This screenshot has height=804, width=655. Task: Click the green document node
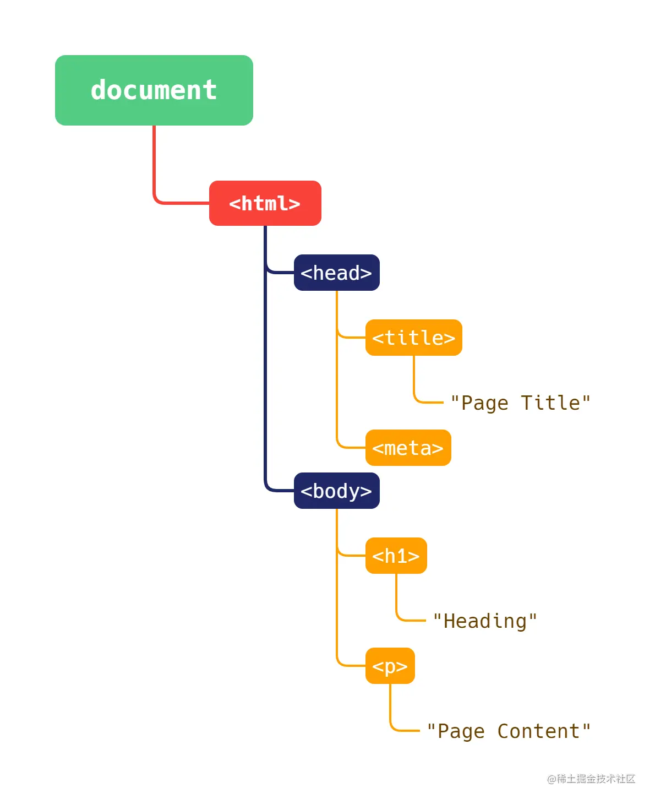[x=154, y=90]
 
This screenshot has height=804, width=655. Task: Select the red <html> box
[x=265, y=203]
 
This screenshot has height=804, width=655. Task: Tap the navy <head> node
[x=336, y=273]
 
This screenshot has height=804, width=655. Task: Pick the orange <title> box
[x=413, y=338]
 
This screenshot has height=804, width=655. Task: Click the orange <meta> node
[x=408, y=448]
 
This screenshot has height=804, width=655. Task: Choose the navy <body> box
[x=336, y=491]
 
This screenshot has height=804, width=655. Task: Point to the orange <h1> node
[x=396, y=556]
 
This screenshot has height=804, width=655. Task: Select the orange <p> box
[x=390, y=666]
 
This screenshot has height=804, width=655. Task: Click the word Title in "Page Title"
[x=550, y=403]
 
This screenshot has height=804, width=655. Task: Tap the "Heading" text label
[x=485, y=621]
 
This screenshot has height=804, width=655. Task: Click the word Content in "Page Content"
[x=538, y=731]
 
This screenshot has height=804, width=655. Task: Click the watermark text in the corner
[x=591, y=779]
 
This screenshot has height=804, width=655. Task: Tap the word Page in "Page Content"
[x=461, y=731]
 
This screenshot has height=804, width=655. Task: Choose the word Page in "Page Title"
[x=484, y=403]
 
